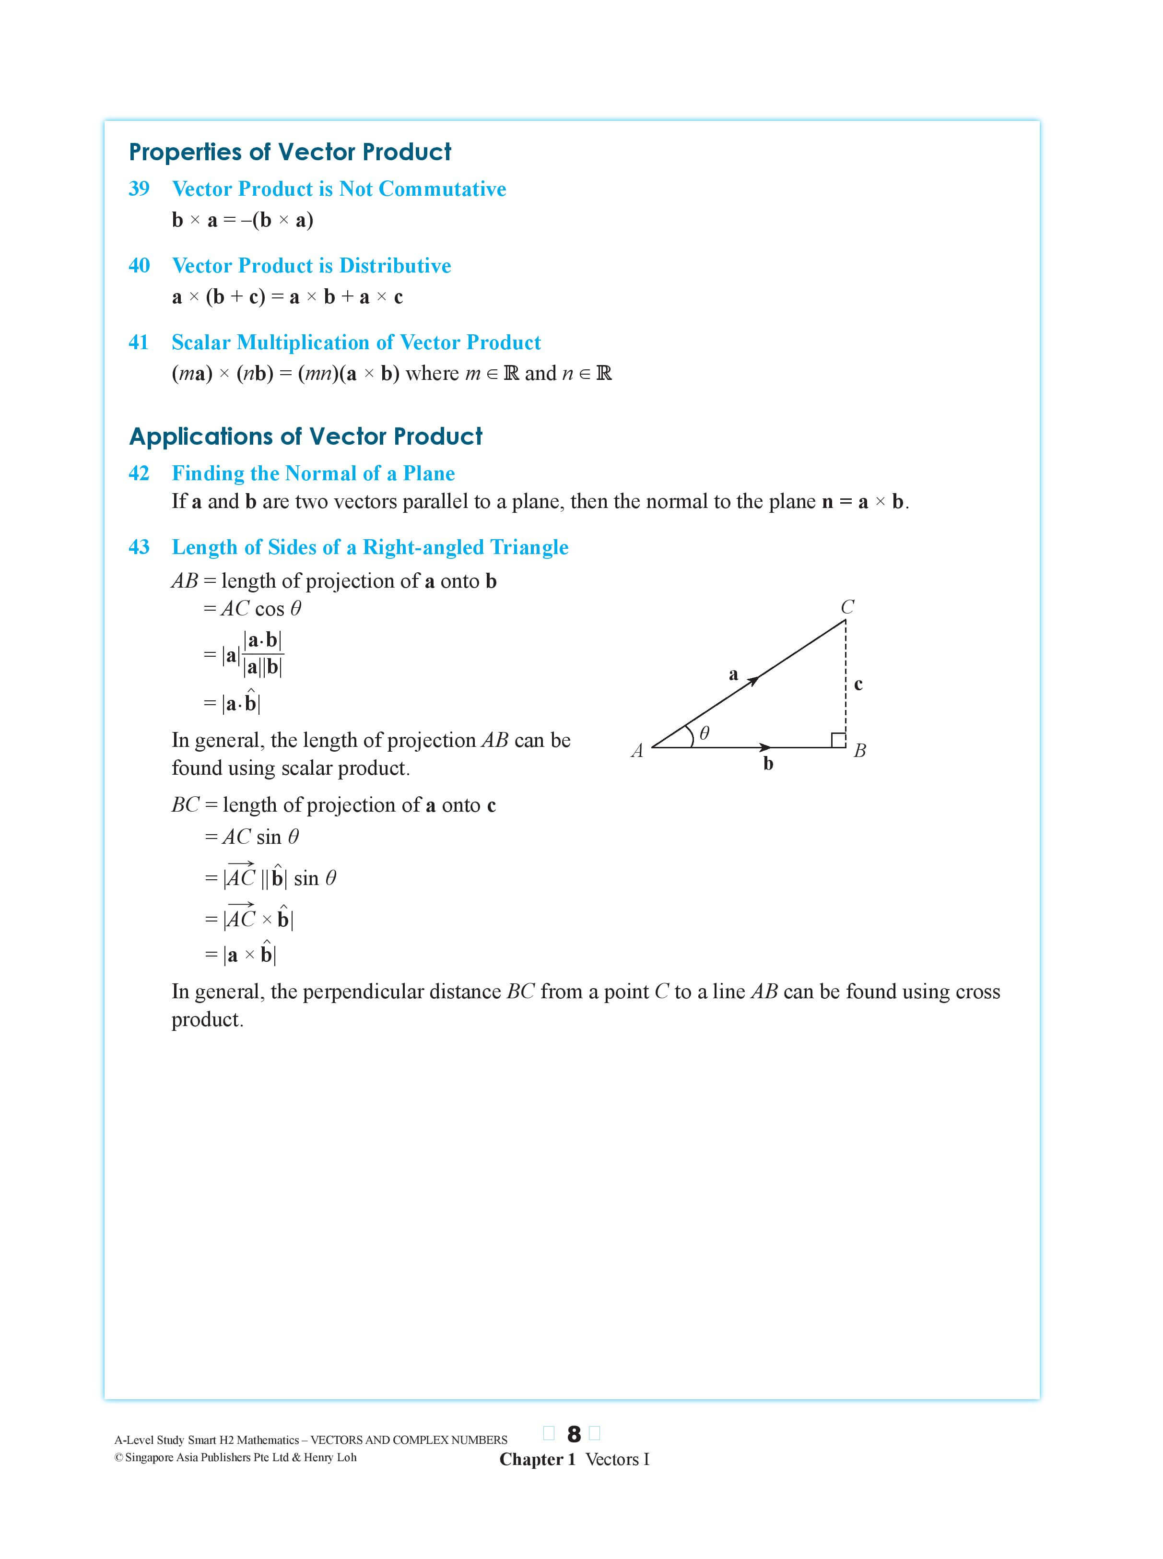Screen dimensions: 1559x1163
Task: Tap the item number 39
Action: (139, 189)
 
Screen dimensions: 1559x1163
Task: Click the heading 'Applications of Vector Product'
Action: (305, 437)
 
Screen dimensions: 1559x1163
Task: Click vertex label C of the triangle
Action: (847, 607)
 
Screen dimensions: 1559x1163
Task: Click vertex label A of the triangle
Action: (637, 751)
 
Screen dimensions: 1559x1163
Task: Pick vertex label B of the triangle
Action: (859, 751)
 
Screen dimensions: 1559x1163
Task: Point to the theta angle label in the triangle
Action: (704, 733)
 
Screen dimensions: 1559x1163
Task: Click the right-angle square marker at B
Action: (838, 740)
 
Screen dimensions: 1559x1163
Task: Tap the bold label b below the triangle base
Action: (768, 763)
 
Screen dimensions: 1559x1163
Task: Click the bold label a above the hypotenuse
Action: (733, 674)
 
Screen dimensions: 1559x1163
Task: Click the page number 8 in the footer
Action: (574, 1434)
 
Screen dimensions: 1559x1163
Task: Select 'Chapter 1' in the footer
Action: (537, 1459)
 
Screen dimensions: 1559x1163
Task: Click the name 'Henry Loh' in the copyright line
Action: (329, 1457)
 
